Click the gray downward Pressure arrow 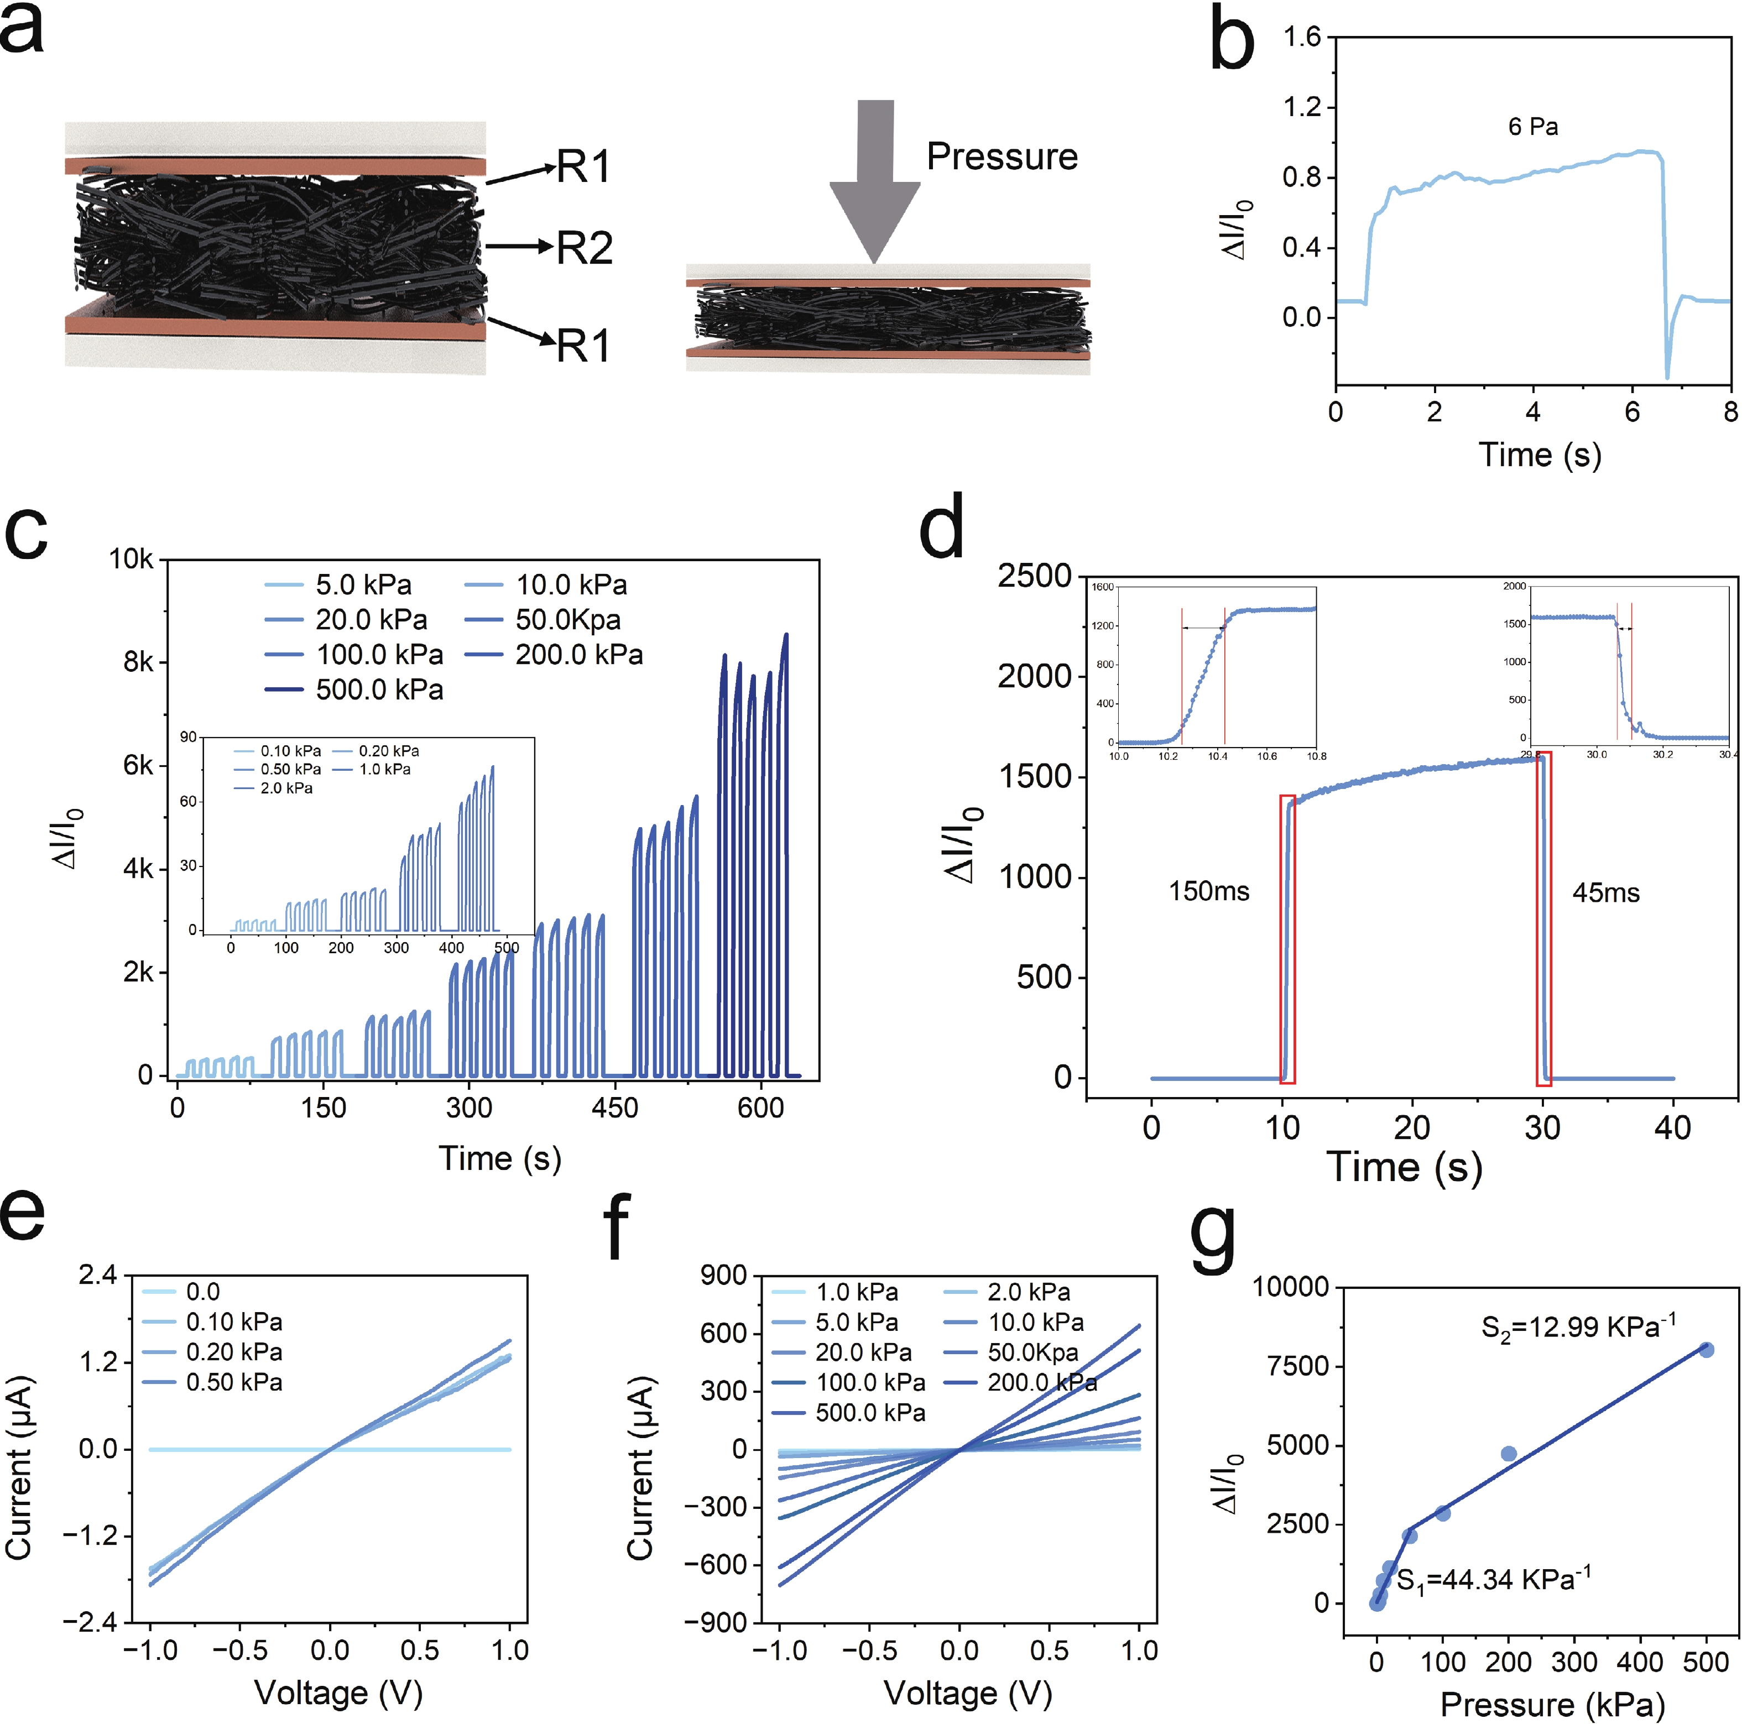[x=874, y=180]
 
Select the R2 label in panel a [x=585, y=247]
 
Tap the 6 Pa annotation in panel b [x=1533, y=126]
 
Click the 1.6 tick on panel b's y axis [x=1301, y=37]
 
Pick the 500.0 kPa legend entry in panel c [x=379, y=690]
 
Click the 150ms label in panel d [x=1208, y=892]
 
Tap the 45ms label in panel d [x=1606, y=892]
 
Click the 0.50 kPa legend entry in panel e [x=233, y=1382]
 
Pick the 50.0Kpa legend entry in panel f [x=1033, y=1352]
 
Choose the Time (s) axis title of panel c [x=499, y=1158]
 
